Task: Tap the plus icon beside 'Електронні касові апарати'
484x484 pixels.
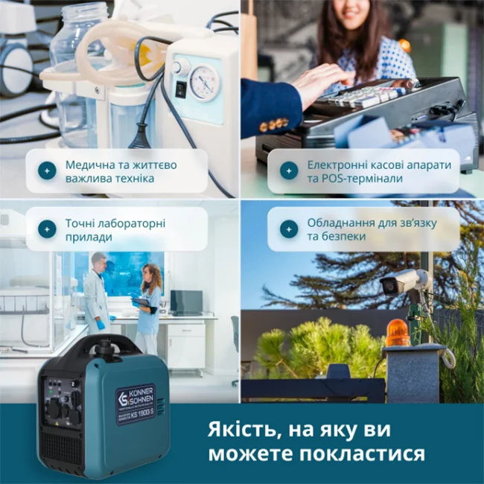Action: point(289,171)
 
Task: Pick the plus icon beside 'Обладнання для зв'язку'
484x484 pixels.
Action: point(289,229)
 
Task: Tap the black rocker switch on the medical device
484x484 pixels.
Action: point(180,89)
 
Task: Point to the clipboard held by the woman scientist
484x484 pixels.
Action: point(139,302)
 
